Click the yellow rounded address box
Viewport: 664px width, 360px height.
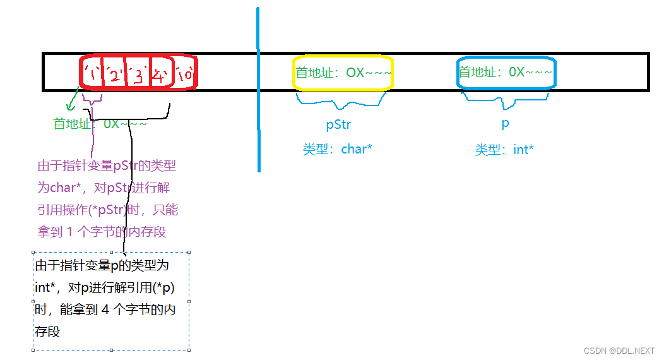(343, 73)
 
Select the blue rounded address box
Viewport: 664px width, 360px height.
(506, 73)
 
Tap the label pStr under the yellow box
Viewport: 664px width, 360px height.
(338, 124)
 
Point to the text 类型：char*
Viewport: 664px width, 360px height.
(338, 150)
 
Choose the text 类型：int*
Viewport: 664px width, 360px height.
(504, 150)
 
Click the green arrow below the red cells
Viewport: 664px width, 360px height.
(73, 99)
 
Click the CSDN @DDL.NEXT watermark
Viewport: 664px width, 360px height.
(619, 351)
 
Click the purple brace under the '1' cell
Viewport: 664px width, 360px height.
(92, 100)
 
